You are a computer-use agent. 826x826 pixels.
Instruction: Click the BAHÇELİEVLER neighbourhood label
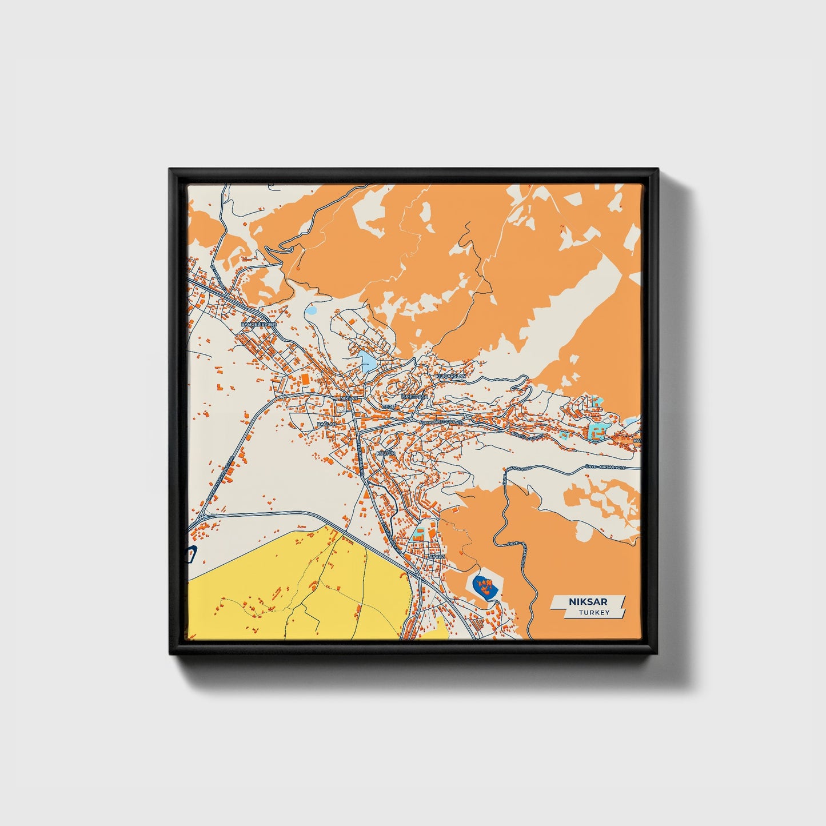click(x=259, y=324)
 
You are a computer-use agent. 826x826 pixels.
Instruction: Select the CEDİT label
click(x=389, y=406)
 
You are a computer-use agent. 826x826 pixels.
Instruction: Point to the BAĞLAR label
click(x=326, y=425)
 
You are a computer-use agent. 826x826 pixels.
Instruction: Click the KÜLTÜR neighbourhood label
click(x=386, y=453)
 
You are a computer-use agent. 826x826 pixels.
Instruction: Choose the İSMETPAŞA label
click(x=415, y=396)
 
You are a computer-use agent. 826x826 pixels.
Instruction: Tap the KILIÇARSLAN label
click(x=451, y=377)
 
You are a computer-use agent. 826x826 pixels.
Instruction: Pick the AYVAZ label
click(x=437, y=556)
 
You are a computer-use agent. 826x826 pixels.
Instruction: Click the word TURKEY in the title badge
click(x=594, y=612)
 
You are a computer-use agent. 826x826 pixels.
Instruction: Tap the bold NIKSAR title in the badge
click(x=588, y=601)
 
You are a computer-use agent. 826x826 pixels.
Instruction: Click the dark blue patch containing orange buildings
click(x=484, y=585)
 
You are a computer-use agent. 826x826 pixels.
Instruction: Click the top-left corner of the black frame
click(x=171, y=170)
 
